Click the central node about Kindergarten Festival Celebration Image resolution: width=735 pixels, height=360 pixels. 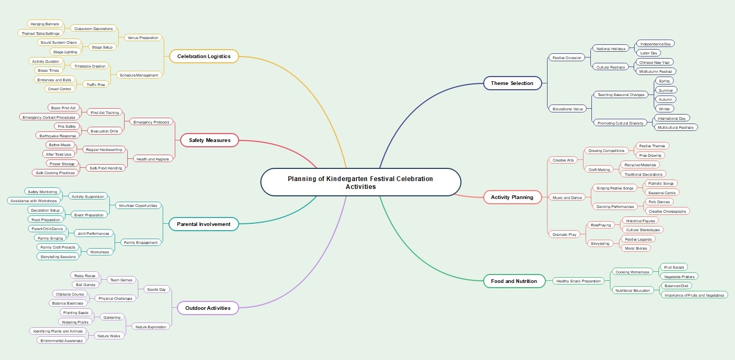[x=360, y=182]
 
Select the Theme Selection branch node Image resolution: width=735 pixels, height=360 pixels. [x=512, y=83]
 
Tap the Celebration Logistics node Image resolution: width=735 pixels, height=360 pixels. [x=203, y=56]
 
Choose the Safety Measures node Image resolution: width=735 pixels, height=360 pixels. [x=209, y=140]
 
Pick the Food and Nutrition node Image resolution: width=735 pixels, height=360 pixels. [x=513, y=281]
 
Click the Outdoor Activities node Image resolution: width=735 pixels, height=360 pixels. [x=204, y=308]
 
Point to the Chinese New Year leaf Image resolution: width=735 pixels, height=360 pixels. [x=654, y=62]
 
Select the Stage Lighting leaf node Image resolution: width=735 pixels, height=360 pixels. [x=65, y=52]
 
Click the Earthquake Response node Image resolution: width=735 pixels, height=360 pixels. [x=58, y=136]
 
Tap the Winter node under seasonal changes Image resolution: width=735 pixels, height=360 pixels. [x=664, y=109]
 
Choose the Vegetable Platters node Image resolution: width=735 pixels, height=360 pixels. [x=679, y=276]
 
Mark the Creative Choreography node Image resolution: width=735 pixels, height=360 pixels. [x=667, y=211]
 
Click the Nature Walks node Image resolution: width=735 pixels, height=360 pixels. [x=108, y=336]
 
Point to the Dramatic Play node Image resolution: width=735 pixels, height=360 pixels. [x=564, y=234]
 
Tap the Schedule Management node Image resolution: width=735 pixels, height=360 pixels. [x=139, y=75]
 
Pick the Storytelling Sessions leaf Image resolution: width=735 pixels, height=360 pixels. [x=58, y=257]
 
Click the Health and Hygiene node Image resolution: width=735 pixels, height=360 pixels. [x=153, y=159]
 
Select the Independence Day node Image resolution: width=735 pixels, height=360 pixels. [x=655, y=43]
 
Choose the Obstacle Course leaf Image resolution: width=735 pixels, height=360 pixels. [x=70, y=294]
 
